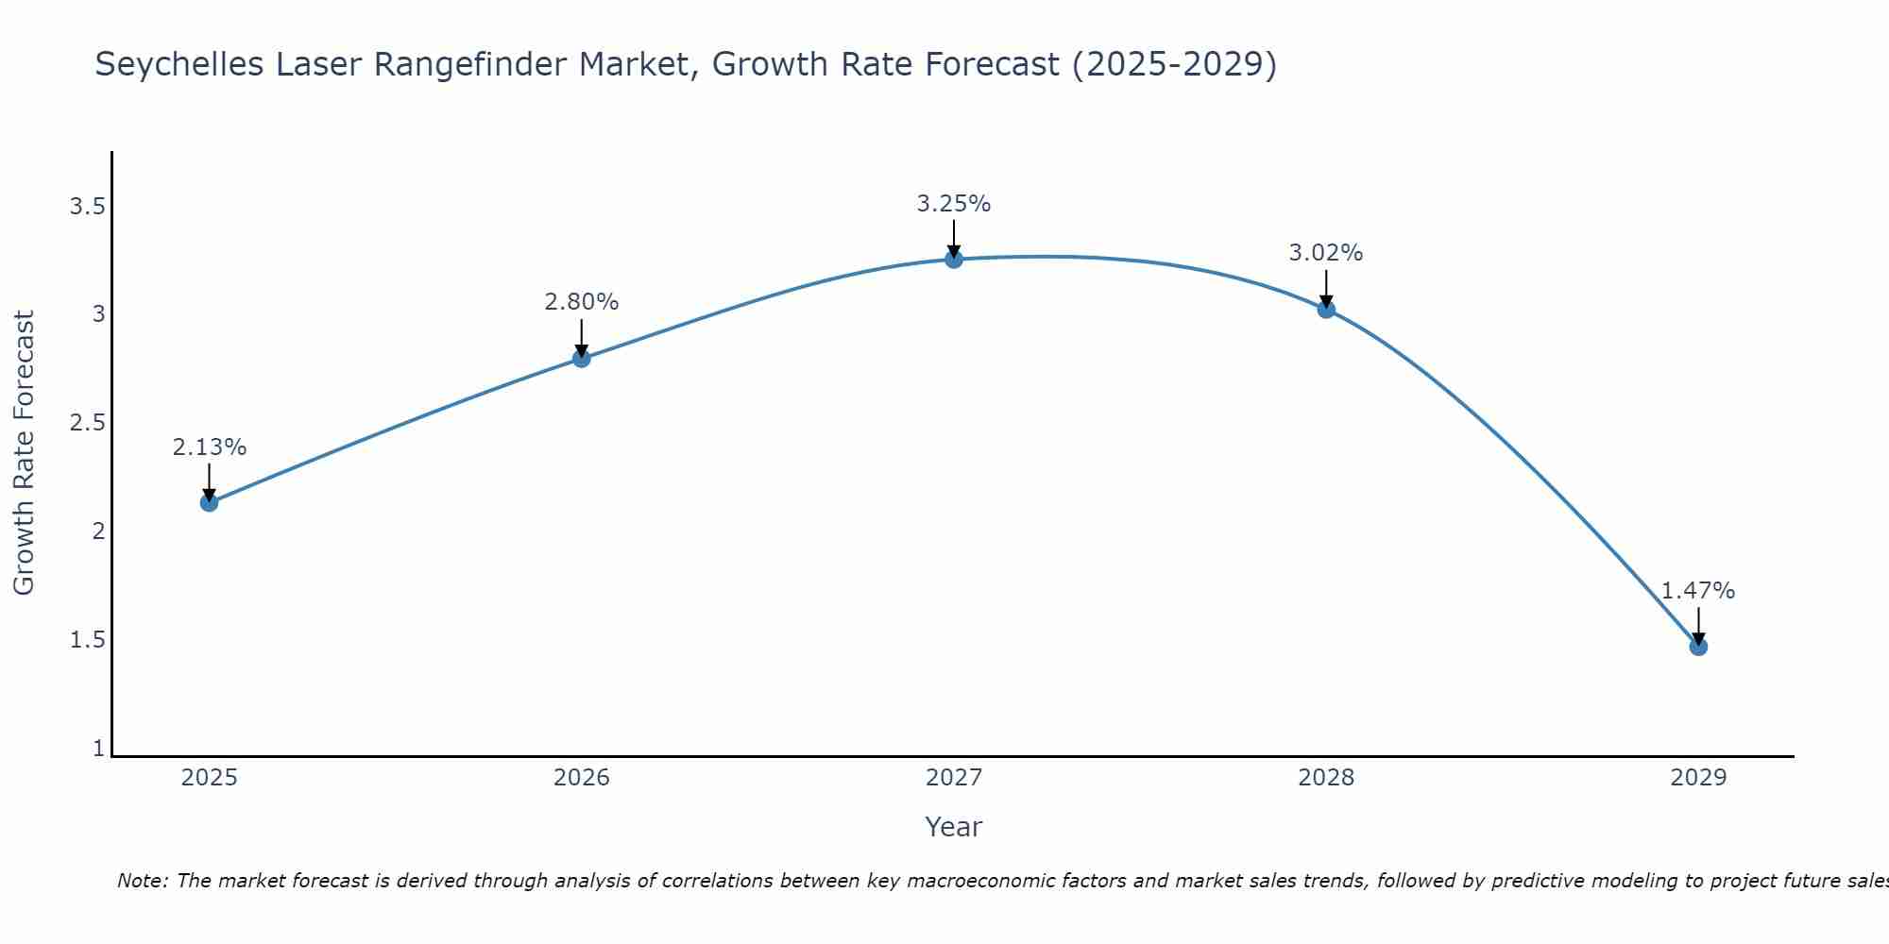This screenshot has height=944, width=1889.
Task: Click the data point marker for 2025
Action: point(210,502)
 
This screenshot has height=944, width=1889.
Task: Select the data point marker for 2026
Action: point(582,358)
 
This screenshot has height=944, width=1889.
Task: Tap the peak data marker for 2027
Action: point(954,259)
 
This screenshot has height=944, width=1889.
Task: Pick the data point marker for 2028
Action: point(1326,309)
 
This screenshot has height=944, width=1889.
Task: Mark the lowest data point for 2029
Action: point(1698,647)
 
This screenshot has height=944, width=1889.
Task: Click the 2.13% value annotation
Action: point(210,447)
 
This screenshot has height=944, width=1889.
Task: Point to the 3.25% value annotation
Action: point(954,204)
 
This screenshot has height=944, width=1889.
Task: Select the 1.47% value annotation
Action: point(1698,591)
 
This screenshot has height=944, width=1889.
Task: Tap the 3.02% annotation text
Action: point(1326,253)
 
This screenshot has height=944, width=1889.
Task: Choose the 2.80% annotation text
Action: point(582,302)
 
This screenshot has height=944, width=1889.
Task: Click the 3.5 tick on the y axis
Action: point(87,206)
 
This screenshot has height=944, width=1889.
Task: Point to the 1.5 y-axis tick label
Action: point(87,640)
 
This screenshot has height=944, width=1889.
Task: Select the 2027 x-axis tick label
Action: point(954,778)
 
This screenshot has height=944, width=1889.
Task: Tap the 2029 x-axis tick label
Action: point(1698,778)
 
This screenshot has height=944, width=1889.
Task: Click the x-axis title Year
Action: point(954,827)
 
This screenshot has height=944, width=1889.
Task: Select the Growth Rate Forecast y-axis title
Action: point(24,453)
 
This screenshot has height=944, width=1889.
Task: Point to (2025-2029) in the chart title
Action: point(1174,64)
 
